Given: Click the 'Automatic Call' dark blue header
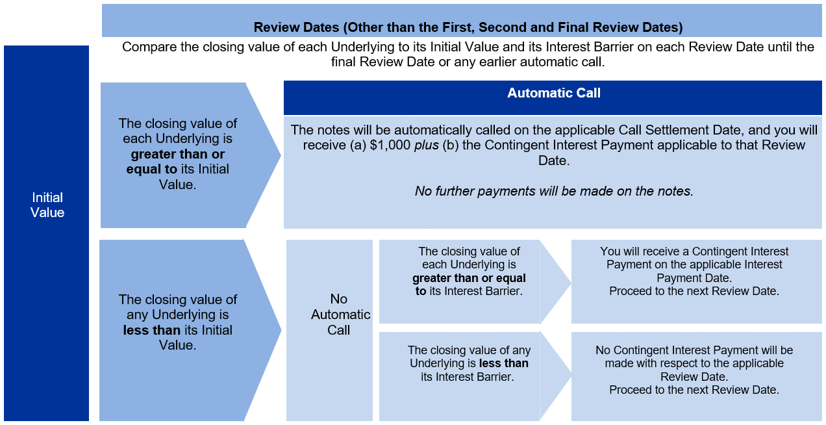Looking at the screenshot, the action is point(553,97).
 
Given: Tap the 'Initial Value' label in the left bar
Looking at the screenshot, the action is point(47,205).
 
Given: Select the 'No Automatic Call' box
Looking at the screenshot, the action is point(329,330).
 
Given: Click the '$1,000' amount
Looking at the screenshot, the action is point(390,145).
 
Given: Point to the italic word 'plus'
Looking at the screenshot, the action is point(426,146).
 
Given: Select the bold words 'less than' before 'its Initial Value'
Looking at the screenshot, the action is point(151,330).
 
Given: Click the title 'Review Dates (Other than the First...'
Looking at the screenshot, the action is point(468,27).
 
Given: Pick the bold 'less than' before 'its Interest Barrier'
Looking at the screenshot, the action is point(503,363).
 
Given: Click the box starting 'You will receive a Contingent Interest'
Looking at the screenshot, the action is point(696,282).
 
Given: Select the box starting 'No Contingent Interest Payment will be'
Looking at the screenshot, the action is point(696,376).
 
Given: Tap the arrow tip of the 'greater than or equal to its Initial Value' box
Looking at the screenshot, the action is point(281,155).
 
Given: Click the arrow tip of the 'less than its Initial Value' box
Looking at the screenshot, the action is point(281,330).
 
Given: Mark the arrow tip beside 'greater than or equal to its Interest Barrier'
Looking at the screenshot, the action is point(571,283).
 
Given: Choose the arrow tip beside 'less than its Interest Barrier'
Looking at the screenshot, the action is point(571,377).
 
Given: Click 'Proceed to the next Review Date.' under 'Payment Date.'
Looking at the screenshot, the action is point(694,291).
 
